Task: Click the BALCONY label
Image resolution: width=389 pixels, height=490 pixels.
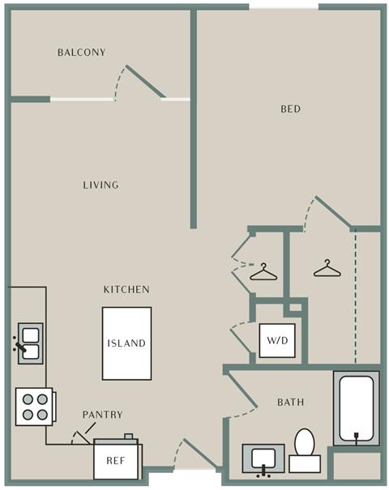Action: point(82,52)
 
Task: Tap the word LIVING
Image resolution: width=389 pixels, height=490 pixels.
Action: point(100,185)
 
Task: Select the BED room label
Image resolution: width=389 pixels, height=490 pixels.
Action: point(290,109)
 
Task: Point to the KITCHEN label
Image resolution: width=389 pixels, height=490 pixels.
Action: point(126,290)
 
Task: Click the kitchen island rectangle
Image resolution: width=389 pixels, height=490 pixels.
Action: point(126,343)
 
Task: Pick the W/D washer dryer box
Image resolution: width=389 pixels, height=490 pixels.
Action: point(277,340)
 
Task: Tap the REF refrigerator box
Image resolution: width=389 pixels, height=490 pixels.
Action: point(116,461)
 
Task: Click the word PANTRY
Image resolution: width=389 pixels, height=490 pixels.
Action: point(103,415)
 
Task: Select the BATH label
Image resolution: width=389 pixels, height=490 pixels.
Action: point(290,403)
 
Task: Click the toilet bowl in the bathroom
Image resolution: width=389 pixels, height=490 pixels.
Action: point(305,443)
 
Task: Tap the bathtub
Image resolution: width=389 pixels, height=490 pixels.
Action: point(357,408)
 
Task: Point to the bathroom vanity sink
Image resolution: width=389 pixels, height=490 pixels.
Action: point(263,459)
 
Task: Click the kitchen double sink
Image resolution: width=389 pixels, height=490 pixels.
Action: point(31,343)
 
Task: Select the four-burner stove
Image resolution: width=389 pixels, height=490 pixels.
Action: point(35,407)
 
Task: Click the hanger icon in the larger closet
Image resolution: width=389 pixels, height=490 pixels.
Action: point(327,268)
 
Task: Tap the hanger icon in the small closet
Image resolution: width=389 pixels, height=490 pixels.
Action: point(263,271)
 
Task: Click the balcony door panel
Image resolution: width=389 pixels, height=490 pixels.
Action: point(145,81)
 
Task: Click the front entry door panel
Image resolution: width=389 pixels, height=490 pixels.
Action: point(200,454)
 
